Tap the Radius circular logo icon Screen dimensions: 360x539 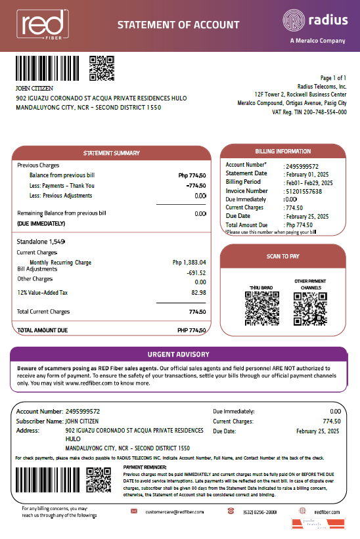point(294,20)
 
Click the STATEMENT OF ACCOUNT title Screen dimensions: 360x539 point(178,25)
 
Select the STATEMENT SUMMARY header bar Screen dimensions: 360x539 point(111,153)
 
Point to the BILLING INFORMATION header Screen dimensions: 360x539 point(282,151)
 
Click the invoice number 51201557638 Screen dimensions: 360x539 point(304,191)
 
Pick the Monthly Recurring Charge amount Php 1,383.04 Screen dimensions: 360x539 point(189,263)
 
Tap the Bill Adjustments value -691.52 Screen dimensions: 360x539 point(196,272)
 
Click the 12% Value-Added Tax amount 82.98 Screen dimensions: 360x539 point(198,292)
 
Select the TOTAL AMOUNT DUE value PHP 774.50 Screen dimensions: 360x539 point(192,330)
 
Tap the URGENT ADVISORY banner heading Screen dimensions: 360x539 point(178,355)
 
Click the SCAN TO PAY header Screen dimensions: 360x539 point(282,256)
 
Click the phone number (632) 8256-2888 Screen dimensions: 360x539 point(259,511)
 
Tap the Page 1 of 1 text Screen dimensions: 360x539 point(334,78)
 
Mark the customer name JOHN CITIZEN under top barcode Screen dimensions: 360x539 point(34,88)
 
